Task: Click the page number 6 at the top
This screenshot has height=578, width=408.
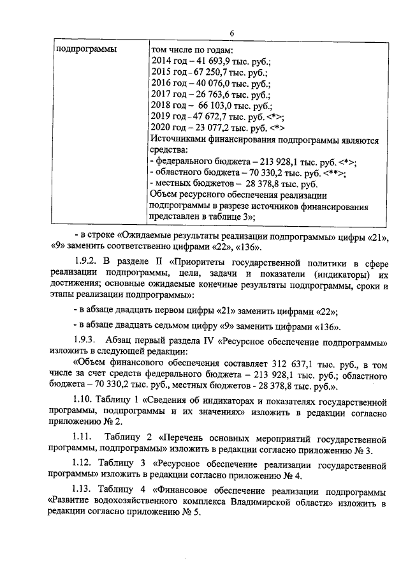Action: pos(233,34)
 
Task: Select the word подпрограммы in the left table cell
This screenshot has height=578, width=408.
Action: pos(83,50)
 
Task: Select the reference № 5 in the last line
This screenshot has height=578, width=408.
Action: pos(192,515)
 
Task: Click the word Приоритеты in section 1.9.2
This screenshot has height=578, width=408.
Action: pos(202,262)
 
